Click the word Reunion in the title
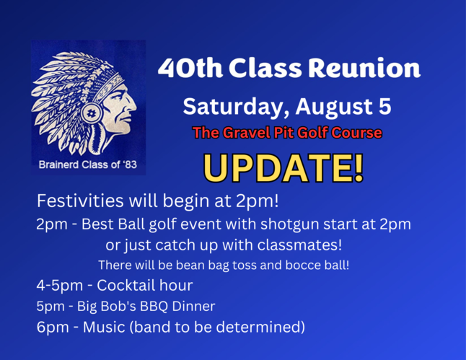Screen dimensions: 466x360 pyautogui.click(x=364, y=68)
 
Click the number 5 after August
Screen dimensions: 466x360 pyautogui.click(x=385, y=106)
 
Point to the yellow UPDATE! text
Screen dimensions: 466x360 pyautogui.click(x=283, y=168)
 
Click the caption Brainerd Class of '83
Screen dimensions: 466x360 pyautogui.click(x=88, y=164)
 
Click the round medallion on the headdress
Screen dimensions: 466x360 pyautogui.click(x=92, y=113)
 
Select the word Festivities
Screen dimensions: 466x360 pyautogui.click(x=80, y=201)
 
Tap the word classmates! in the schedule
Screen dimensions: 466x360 pyautogui.click(x=299, y=245)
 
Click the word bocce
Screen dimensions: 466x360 pyautogui.click(x=298, y=265)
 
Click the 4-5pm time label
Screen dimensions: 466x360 pyautogui.click(x=59, y=286)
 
